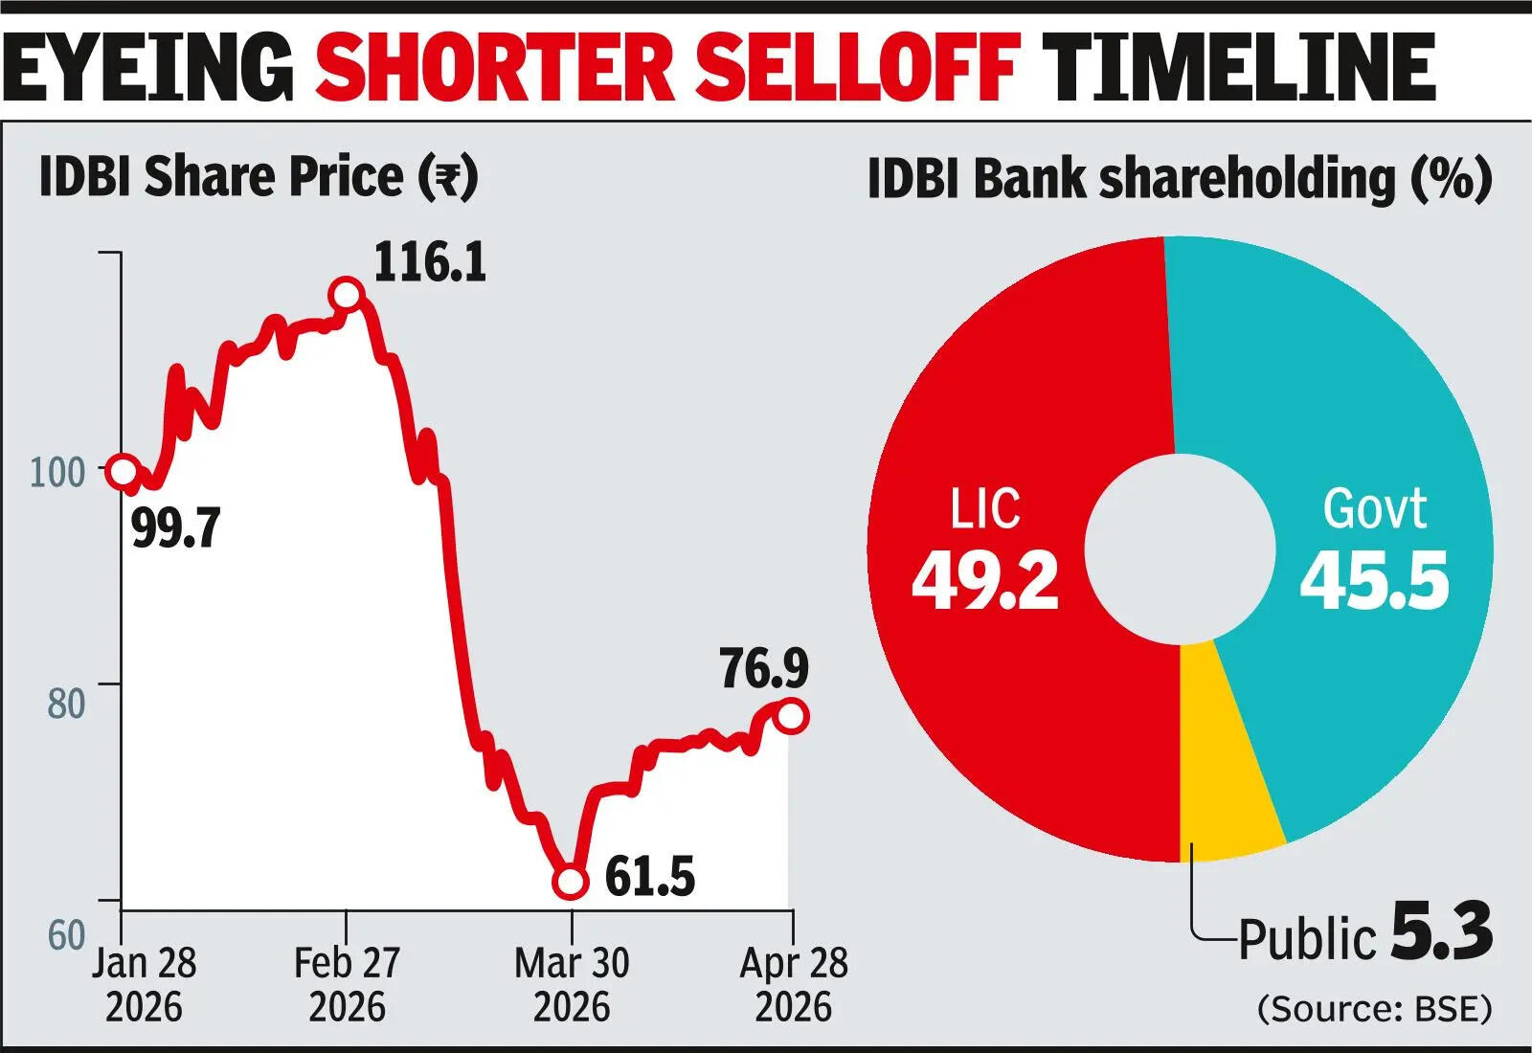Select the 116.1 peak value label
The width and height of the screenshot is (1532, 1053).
coord(430,262)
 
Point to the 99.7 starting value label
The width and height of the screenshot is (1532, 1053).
coord(176,527)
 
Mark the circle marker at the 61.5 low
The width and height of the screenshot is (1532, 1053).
coord(571,882)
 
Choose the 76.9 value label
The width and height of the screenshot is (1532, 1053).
coord(764,668)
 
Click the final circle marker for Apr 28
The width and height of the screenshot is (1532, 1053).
coord(792,716)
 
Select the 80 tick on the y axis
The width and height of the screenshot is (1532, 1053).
coord(66,704)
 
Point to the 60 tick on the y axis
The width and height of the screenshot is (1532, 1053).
coord(66,935)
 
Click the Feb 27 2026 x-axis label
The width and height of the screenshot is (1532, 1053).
coord(347,984)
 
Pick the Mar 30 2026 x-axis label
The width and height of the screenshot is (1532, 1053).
coord(572,984)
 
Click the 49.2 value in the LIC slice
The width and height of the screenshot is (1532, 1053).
coord(985,580)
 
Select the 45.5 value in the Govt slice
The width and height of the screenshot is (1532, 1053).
coord(1375,580)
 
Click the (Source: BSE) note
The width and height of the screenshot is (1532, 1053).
coord(1374,1008)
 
